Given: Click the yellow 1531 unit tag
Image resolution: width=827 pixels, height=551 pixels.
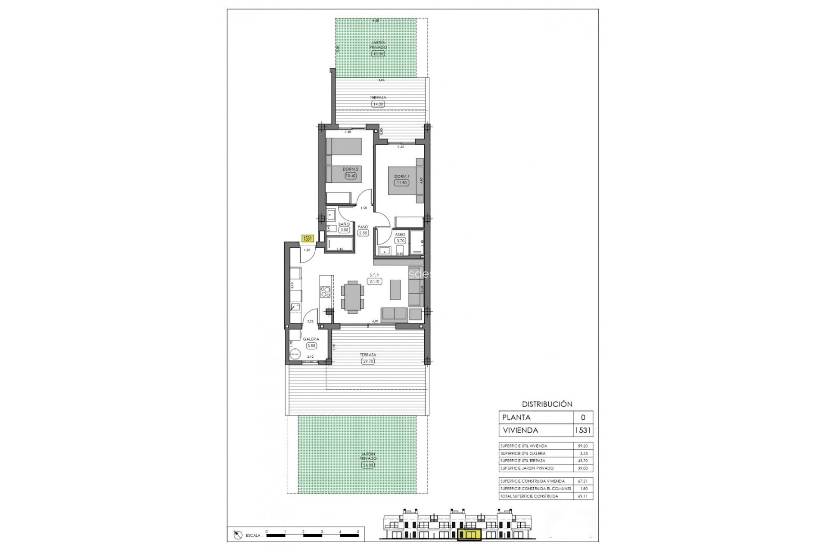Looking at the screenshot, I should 308,238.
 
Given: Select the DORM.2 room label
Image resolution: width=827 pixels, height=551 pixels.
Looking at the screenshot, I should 350,169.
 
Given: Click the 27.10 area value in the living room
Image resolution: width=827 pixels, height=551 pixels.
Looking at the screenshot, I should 374,282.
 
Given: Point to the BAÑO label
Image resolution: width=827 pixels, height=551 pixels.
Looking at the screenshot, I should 344,224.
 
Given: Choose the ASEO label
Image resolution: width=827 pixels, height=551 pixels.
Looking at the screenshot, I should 400,235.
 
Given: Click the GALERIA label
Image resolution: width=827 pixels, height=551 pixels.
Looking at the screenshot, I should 311,339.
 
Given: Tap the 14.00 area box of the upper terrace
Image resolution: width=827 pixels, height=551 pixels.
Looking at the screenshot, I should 377,104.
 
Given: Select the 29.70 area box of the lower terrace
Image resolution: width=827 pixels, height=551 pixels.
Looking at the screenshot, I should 368,361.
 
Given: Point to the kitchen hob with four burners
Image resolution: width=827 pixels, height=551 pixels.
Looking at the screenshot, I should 326,292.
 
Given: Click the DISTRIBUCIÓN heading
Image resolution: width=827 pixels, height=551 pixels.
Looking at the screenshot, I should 547,404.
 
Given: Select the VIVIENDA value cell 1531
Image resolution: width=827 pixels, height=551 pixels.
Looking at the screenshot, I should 583,430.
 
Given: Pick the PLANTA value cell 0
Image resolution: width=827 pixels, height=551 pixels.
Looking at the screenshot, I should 583,417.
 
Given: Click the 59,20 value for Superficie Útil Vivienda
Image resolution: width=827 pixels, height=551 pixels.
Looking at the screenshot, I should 582,446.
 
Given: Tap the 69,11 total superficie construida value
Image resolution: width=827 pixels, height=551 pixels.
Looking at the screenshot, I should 582,496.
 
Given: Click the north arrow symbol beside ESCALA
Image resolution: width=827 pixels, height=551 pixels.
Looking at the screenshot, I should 236,535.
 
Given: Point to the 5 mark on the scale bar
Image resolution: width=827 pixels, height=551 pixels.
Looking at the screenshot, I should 358,532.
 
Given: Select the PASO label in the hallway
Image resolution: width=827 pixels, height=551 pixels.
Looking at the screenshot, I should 363,227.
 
